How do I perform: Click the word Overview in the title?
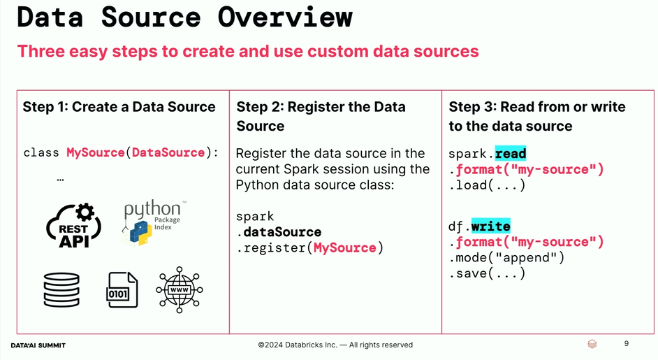pyautogui.click(x=285, y=17)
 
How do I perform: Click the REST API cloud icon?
pyautogui.click(x=74, y=226)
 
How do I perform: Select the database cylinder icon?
pyautogui.click(x=61, y=289)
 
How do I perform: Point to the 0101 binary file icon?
pyautogui.click(x=122, y=289)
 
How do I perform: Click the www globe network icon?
pyautogui.click(x=180, y=289)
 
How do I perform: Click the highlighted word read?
pyautogui.click(x=511, y=154)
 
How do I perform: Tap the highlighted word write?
pyautogui.click(x=490, y=226)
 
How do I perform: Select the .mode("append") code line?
pyautogui.click(x=506, y=257)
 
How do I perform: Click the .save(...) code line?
pyautogui.click(x=487, y=273)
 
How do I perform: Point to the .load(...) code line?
pyautogui.click(x=487, y=185)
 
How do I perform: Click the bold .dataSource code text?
pyautogui.click(x=279, y=232)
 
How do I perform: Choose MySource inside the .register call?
pyautogui.click(x=345, y=248)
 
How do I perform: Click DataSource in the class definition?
pyautogui.click(x=168, y=152)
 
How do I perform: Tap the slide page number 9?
pyautogui.click(x=627, y=344)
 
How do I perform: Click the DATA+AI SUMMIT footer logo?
pyautogui.click(x=38, y=345)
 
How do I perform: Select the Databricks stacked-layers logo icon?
pyautogui.click(x=592, y=344)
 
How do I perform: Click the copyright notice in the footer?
pyautogui.click(x=335, y=345)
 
